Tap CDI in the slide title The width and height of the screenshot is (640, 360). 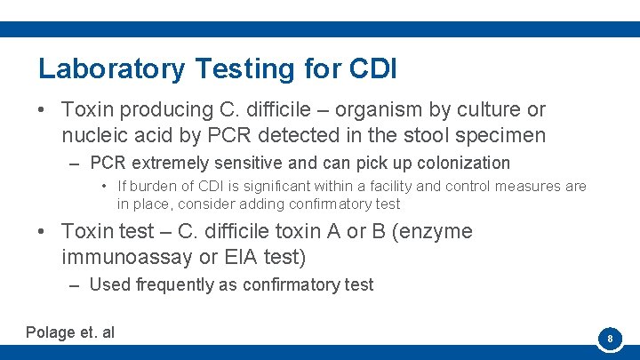[x=373, y=68]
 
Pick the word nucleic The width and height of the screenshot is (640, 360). [x=95, y=136]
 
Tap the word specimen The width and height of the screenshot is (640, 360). [x=507, y=136]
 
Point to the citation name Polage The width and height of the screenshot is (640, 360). [x=51, y=332]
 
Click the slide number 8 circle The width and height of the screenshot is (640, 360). [x=610, y=339]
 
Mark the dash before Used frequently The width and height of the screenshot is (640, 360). [x=73, y=285]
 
